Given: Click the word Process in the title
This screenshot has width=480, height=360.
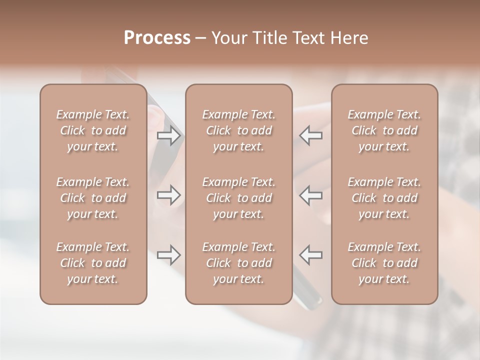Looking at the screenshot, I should [157, 38].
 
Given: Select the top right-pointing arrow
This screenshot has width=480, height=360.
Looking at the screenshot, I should [169, 135].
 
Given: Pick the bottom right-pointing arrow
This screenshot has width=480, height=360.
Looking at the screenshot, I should [169, 255].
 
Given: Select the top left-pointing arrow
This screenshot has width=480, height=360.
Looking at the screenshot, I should [311, 135].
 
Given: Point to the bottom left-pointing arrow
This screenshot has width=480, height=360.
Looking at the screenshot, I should [311, 255].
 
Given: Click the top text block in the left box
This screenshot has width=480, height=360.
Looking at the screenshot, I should [93, 130].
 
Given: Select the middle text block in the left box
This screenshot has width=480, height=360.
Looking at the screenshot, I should [93, 198].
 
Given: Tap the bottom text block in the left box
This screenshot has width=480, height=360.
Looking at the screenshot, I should [93, 263].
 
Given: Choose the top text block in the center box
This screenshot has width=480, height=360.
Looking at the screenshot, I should [239, 130].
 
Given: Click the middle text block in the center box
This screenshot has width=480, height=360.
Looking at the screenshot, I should [239, 198].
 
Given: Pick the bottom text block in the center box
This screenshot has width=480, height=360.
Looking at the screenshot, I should [239, 263].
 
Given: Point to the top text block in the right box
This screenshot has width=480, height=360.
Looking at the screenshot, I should [384, 130].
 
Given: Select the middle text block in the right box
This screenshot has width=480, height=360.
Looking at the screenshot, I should [384, 198].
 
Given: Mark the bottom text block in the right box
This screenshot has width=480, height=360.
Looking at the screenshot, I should [384, 263].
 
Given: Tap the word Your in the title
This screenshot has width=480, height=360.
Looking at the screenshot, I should [227, 38].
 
